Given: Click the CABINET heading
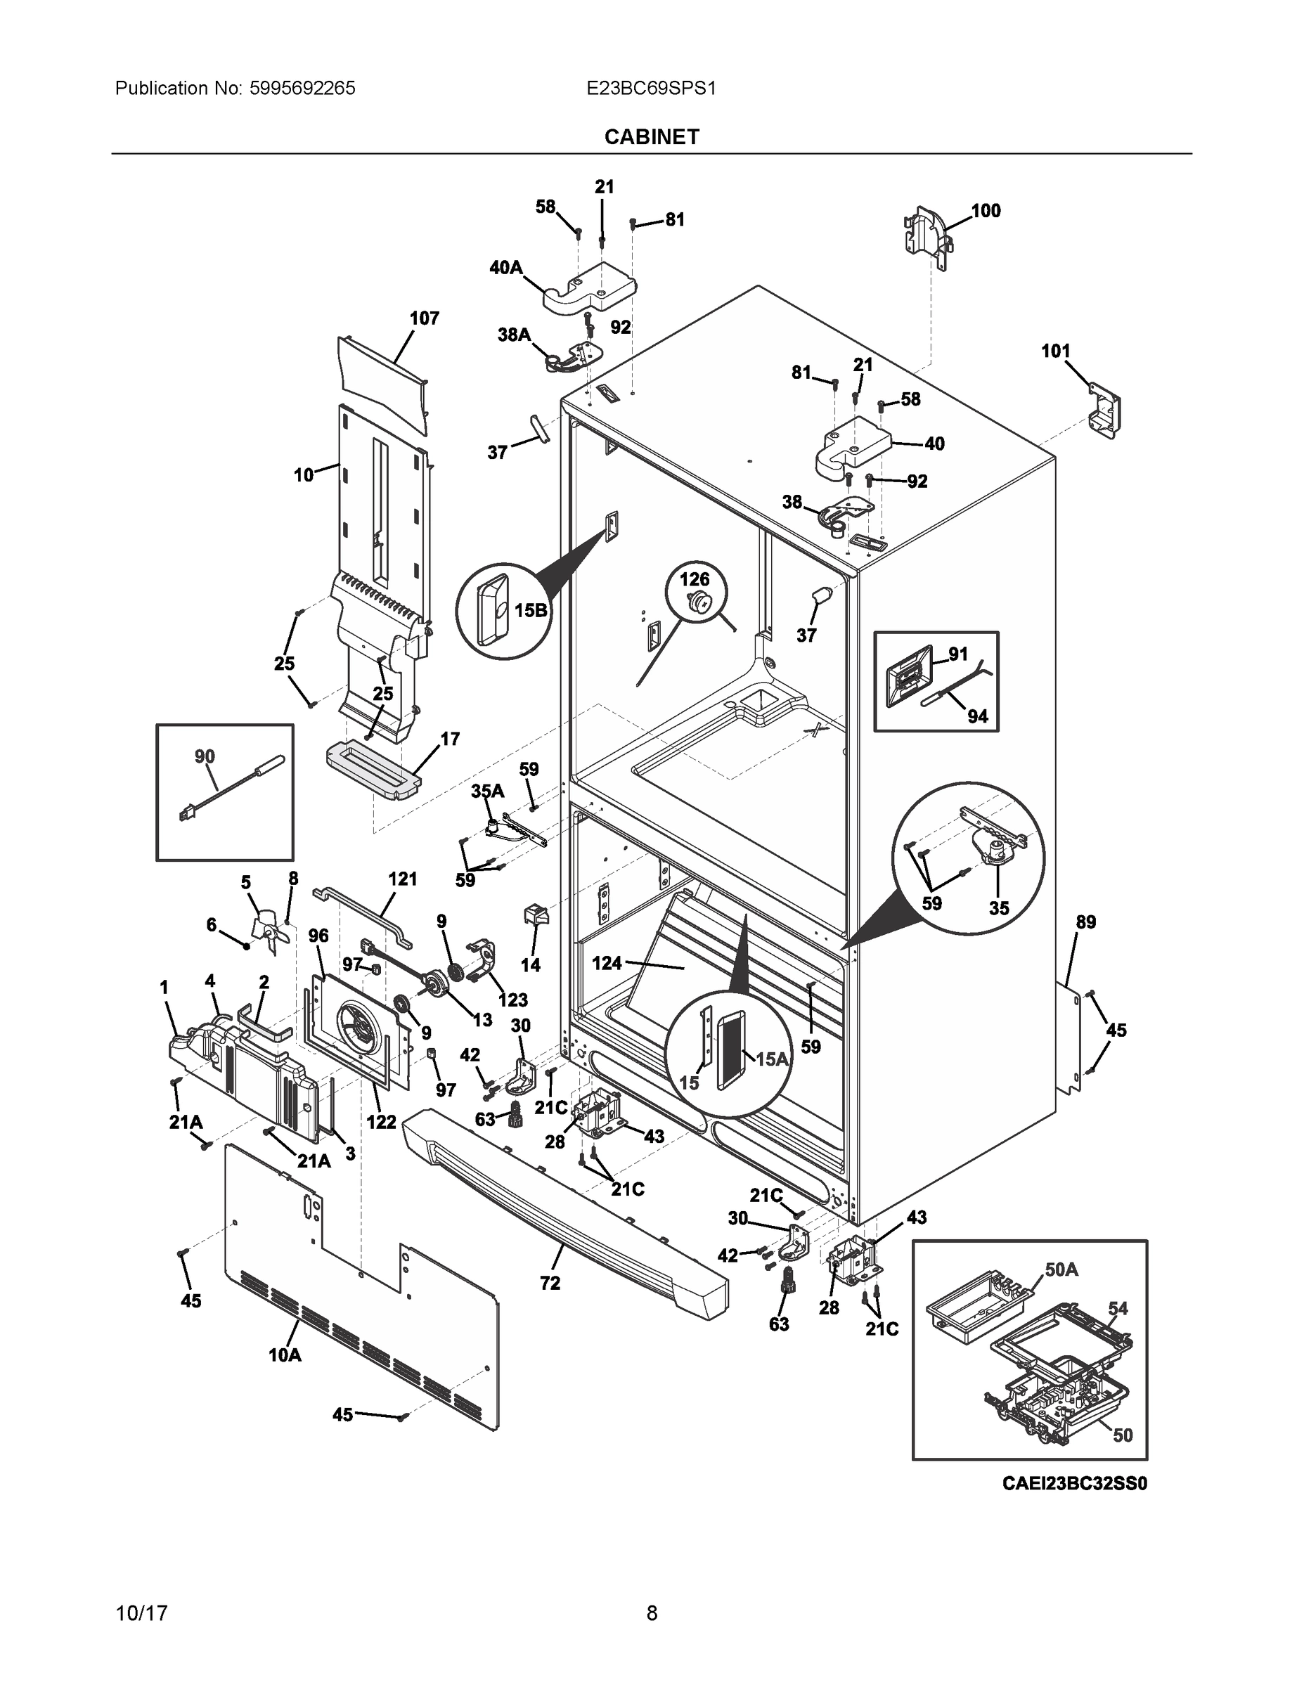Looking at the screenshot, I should (x=651, y=137).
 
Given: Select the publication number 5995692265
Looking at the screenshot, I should (x=302, y=88).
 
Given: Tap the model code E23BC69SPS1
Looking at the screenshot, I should (x=651, y=88).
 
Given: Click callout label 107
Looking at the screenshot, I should (x=424, y=318).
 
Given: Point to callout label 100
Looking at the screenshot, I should (x=986, y=211).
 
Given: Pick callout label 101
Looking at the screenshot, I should (x=1055, y=351).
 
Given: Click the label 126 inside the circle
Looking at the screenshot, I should (x=695, y=579).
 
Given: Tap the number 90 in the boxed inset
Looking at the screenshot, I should (x=205, y=756).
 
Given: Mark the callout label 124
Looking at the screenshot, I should (x=607, y=963).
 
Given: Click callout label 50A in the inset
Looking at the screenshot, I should (x=1061, y=1269).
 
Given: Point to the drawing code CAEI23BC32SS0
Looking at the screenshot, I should (x=1074, y=1482).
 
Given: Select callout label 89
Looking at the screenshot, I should (x=1085, y=922).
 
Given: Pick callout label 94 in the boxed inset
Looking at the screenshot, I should (x=977, y=716).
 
